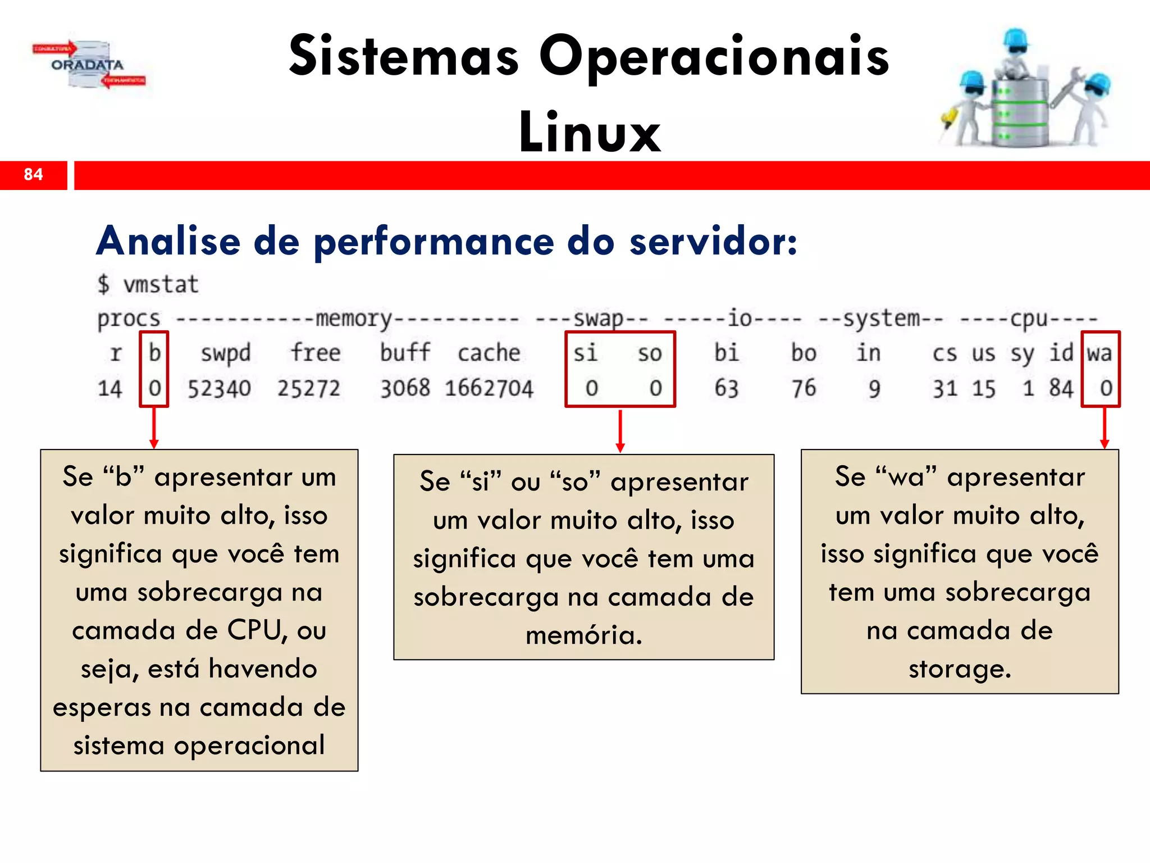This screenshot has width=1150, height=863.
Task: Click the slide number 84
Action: tap(33, 175)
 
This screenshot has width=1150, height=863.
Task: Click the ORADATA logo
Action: tap(88, 65)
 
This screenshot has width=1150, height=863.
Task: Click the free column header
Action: tap(315, 353)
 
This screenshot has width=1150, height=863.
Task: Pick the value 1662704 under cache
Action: tap(489, 389)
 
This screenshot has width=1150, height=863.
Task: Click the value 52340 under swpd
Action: tap(219, 389)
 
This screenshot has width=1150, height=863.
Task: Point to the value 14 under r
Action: tap(109, 389)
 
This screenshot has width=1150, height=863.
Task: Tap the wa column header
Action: tap(1099, 353)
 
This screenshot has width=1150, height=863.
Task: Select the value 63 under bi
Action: tap(726, 389)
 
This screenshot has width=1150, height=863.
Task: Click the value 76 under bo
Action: tap(804, 389)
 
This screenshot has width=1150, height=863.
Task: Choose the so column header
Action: tap(650, 353)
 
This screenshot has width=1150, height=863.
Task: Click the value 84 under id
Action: tap(1061, 389)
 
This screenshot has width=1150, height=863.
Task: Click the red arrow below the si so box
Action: tap(620, 431)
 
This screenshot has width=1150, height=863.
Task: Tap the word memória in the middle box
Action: tap(583, 635)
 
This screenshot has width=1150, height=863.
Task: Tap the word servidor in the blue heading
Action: tap(713, 242)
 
